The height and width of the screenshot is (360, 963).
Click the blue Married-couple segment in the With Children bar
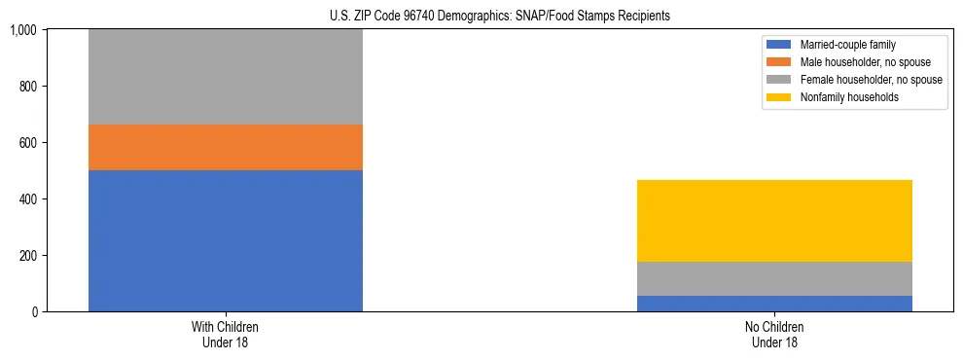tap(225, 240)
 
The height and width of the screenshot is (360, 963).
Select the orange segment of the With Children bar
tap(225, 147)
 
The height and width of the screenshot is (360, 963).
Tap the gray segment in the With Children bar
tap(225, 77)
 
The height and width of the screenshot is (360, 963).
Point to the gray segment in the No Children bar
tap(774, 278)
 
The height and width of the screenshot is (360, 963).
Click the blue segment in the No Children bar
tap(774, 304)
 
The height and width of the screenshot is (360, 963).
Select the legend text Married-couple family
tap(848, 45)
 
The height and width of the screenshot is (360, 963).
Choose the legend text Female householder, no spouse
tap(871, 80)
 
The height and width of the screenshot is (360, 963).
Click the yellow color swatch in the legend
tap(779, 97)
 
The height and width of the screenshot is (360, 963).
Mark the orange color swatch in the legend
tap(779, 62)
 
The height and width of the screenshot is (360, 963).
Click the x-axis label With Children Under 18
tap(225, 335)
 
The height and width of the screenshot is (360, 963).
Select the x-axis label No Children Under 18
tap(774, 335)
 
